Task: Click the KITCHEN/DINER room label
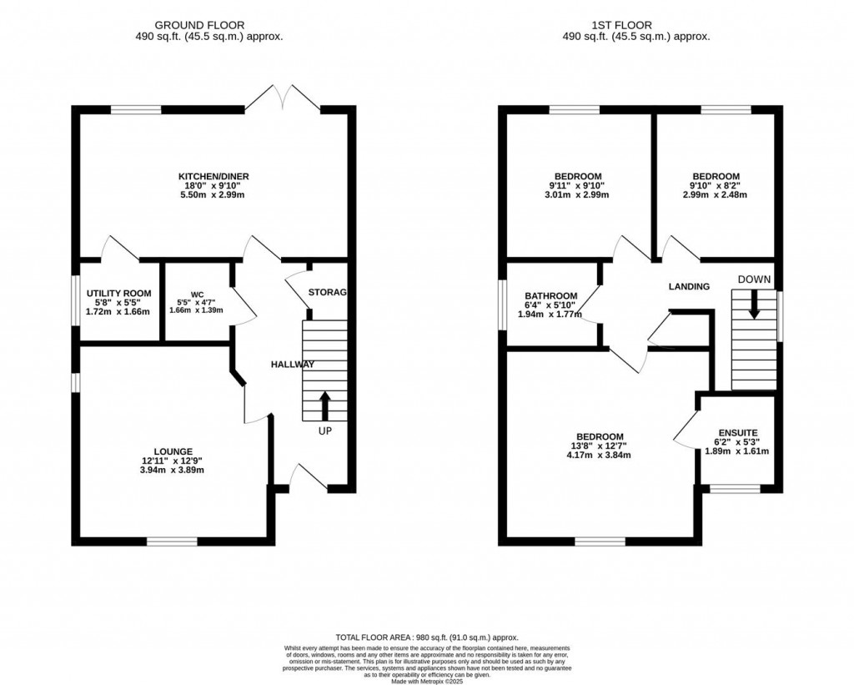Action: click(213, 176)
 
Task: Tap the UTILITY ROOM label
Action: click(119, 293)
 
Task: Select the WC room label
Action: click(197, 295)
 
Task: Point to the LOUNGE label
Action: click(173, 451)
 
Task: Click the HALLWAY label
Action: click(292, 365)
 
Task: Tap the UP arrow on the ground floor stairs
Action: click(324, 406)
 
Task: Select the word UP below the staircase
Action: click(324, 432)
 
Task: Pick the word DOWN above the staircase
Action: click(754, 279)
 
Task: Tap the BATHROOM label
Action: click(550, 296)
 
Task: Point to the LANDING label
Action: click(689, 286)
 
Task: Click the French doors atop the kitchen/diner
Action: click(283, 98)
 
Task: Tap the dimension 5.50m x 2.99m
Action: click(213, 195)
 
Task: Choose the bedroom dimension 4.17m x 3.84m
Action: click(600, 456)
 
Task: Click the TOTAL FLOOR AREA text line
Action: click(426, 636)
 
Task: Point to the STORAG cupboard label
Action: click(327, 292)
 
